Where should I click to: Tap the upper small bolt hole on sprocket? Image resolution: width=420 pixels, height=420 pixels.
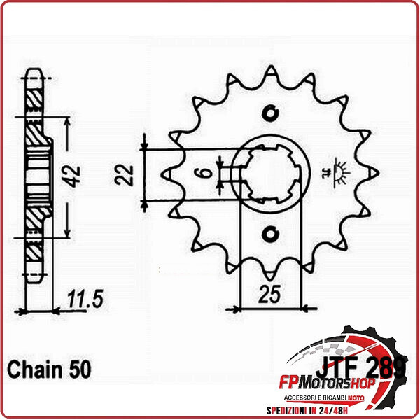click(x=272, y=112)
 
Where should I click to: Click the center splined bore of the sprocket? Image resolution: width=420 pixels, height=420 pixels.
click(x=272, y=171)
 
